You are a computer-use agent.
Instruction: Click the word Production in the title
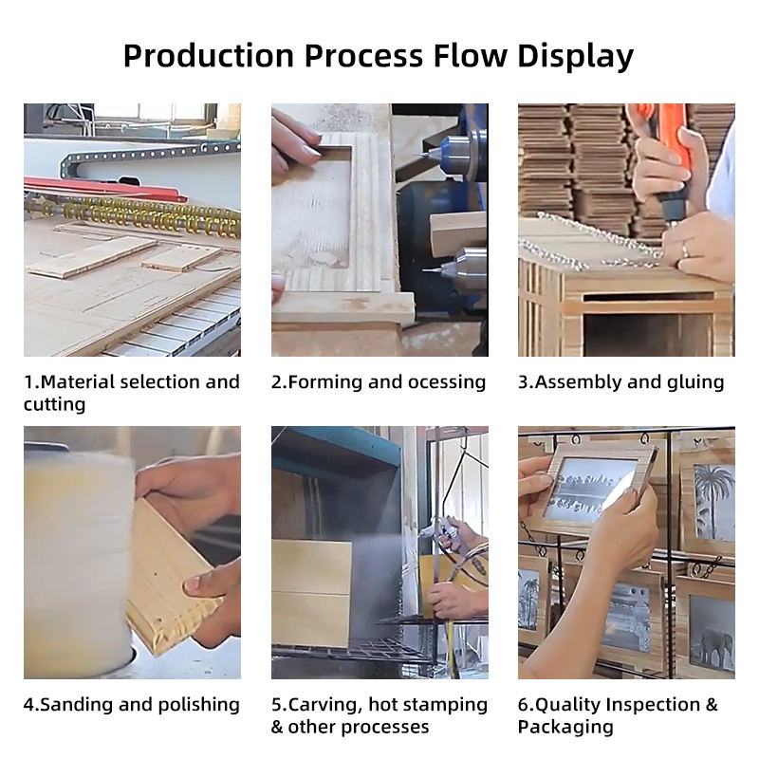coord(209,56)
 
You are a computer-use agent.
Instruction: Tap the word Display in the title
coord(575,57)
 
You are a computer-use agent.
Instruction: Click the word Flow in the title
coord(470,56)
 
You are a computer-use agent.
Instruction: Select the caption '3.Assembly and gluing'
coord(621,382)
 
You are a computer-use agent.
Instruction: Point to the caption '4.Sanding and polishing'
coord(132,705)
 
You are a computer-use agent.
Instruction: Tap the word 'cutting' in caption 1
coord(54,405)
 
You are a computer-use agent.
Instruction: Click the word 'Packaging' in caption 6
coord(565,727)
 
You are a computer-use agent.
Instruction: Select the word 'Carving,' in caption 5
coord(324,705)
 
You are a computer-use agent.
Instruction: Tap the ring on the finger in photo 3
coord(685,250)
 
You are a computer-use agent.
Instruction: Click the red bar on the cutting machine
coord(104,189)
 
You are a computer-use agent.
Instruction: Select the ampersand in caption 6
coord(711,705)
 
